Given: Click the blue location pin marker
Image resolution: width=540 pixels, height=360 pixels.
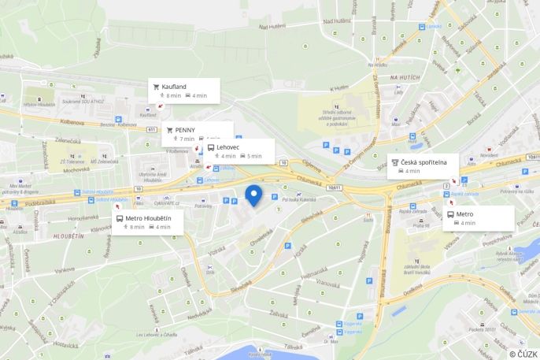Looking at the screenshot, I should [x=253, y=195].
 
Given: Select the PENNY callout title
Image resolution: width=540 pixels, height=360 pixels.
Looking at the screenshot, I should [x=185, y=129].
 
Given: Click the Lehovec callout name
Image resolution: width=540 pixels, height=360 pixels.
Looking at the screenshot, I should [x=228, y=147].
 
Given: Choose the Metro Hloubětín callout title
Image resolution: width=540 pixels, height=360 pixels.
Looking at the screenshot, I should [x=150, y=217].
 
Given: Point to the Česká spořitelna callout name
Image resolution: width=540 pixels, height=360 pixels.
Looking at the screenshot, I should [x=429, y=162].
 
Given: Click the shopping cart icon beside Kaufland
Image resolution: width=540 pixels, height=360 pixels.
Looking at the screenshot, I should [x=156, y=86].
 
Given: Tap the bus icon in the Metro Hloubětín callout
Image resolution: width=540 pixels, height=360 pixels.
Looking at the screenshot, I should [x=120, y=217].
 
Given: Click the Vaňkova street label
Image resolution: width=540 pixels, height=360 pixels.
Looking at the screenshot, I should [x=65, y=269].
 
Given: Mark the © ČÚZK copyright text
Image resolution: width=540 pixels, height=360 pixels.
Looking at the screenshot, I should [x=523, y=354].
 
